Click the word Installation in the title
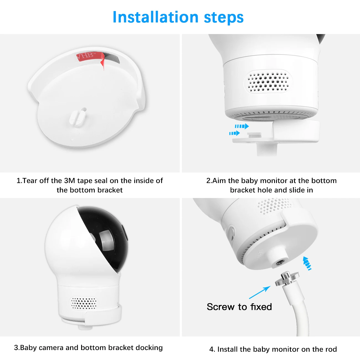point(155,17)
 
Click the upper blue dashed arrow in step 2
point(242,126)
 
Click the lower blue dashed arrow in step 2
point(235,133)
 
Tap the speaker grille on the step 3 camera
point(84,303)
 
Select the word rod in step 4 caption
point(331,349)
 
